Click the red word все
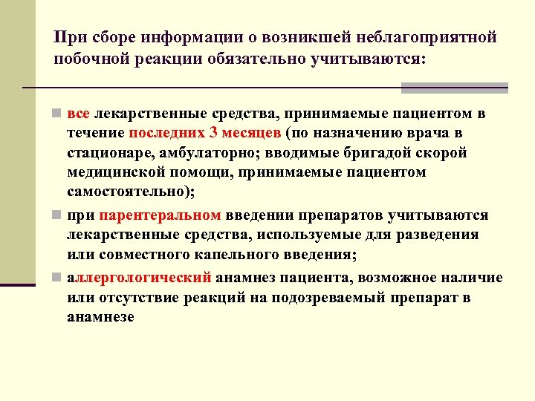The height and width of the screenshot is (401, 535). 78,114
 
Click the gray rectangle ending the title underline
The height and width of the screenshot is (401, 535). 454,88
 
